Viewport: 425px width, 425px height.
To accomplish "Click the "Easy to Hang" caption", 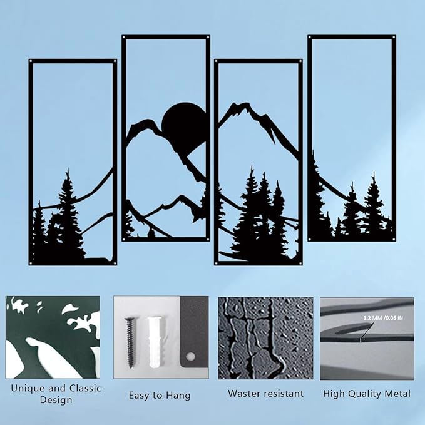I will coord(160,396).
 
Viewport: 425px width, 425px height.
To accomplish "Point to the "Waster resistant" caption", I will coord(265,394).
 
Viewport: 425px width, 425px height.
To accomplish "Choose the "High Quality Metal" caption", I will coord(367,394).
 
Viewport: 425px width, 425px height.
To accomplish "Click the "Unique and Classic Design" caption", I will coord(56,394).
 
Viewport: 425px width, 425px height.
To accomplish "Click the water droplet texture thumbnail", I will coord(265,338).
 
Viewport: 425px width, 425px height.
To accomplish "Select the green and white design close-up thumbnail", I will coord(53,338).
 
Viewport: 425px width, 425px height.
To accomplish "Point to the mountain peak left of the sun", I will coord(147,121).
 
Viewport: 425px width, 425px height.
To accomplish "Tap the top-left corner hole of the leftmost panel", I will coord(32,62).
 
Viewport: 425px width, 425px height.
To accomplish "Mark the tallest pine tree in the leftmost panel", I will coord(67,213).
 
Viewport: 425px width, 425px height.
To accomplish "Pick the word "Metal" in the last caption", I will coord(397,394).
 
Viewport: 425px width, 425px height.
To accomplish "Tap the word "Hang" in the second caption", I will coord(178,396).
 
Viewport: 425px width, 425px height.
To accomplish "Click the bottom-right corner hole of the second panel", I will coord(207,238).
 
